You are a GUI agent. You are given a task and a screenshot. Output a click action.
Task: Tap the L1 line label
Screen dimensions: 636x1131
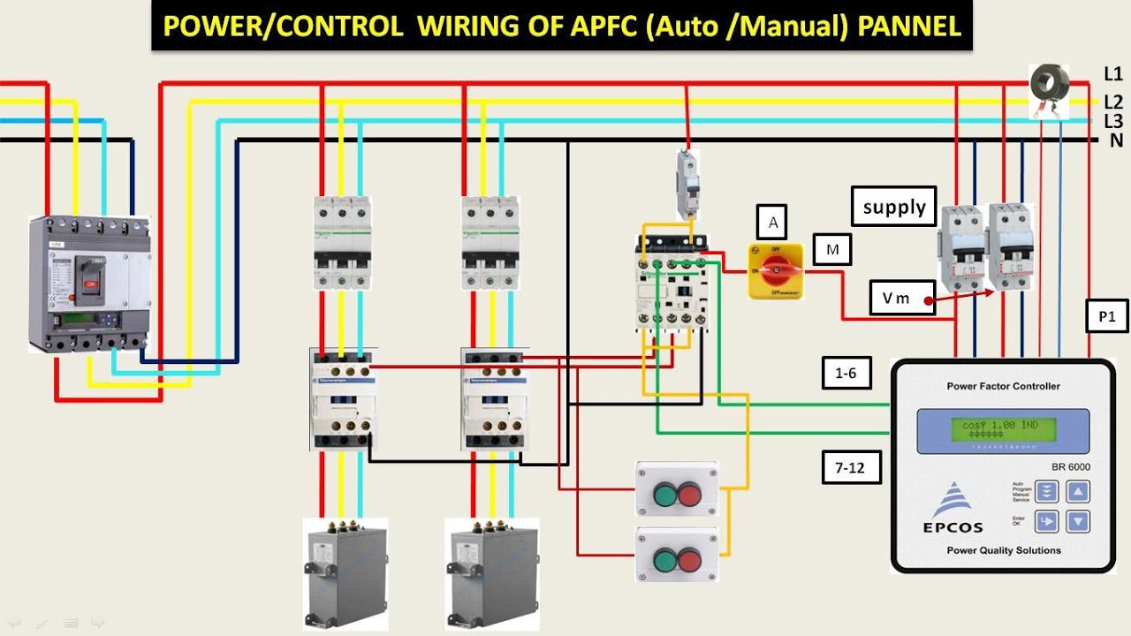(x=1112, y=74)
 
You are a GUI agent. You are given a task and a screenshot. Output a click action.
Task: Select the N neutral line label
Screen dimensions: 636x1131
(x=1116, y=140)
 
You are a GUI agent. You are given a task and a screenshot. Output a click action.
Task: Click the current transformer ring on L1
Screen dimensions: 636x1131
(x=1050, y=84)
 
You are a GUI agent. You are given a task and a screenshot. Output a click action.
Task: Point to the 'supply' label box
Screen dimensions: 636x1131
(x=894, y=208)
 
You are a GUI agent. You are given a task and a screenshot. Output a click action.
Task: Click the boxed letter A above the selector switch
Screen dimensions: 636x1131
(x=773, y=223)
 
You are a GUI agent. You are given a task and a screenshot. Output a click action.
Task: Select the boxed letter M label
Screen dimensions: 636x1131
(x=831, y=250)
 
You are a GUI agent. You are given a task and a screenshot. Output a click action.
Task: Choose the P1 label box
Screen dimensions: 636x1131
(x=1107, y=316)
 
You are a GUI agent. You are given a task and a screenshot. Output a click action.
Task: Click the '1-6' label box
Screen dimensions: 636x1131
(x=846, y=373)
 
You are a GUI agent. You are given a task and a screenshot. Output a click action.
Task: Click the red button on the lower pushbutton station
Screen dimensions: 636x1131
(x=689, y=559)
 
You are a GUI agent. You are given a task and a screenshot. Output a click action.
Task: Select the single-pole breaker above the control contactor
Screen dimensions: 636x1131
(x=687, y=185)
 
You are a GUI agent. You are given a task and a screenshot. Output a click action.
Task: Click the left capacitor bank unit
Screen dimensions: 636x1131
(x=345, y=572)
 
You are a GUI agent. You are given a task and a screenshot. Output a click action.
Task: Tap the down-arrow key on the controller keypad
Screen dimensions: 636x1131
(x=1077, y=521)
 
